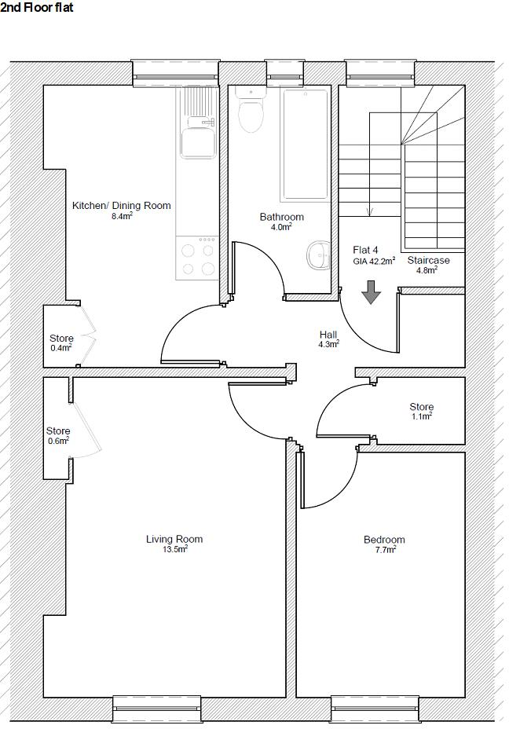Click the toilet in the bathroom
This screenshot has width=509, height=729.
tap(250, 110)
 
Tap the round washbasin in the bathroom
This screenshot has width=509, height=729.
tap(318, 255)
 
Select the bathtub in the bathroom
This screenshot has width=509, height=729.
tap(304, 145)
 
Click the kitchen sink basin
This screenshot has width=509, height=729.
tap(198, 142)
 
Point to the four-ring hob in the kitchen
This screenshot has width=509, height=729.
tap(197, 258)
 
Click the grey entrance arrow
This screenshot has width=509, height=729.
tap(371, 292)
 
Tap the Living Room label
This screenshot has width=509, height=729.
tap(174, 540)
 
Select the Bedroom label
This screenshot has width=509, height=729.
tap(384, 540)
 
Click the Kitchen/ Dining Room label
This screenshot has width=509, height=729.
tap(121, 206)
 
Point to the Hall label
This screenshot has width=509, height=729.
tap(328, 335)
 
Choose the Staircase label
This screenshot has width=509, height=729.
tap(429, 260)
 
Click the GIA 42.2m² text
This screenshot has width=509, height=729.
tap(374, 261)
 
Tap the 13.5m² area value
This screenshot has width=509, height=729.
tap(174, 550)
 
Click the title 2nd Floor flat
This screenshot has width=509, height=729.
tap(37, 7)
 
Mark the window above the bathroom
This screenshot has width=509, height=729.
tap(284, 73)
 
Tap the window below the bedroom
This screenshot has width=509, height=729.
tap(375, 709)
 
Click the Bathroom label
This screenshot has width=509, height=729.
tap(282, 217)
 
